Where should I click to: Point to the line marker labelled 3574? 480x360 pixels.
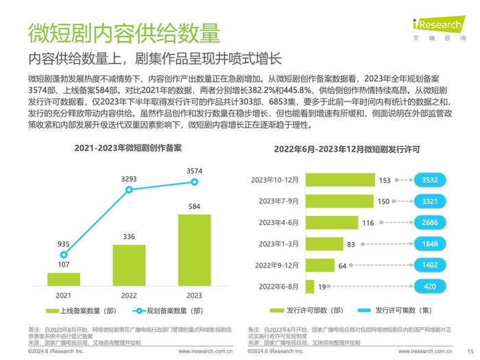(x=194, y=182)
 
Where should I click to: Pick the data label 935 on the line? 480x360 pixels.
(x=63, y=243)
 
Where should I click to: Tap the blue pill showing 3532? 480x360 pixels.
(x=429, y=180)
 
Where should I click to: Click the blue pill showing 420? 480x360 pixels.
(x=429, y=287)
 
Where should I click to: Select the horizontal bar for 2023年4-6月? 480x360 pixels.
(x=333, y=223)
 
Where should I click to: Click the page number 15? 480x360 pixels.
(x=470, y=350)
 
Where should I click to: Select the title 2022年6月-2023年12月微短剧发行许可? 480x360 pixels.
(x=347, y=147)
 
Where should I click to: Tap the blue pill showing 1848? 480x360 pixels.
(x=429, y=244)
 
